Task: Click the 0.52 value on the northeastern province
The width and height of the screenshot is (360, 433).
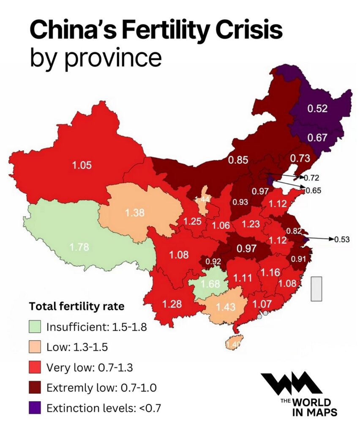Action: tap(317, 108)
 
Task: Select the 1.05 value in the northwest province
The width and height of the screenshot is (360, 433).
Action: tap(82, 165)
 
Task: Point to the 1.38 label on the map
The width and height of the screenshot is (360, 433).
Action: tap(135, 214)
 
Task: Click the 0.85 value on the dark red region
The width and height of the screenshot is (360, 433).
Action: tap(238, 160)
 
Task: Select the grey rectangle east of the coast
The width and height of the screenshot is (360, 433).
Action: tap(316, 289)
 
